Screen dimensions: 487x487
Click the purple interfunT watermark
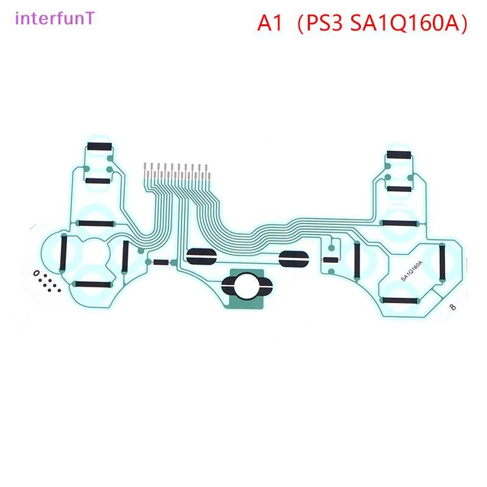point(55,18)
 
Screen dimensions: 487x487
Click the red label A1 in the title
point(270,23)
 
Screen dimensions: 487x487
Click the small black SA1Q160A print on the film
point(412,271)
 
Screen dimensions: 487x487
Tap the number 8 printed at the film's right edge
point(453,307)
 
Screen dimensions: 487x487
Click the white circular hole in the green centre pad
point(247,286)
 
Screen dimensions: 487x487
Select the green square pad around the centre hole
point(247,289)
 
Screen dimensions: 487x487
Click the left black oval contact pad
point(201,256)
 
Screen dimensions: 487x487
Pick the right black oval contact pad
point(294,259)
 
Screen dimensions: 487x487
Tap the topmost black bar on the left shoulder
point(99,146)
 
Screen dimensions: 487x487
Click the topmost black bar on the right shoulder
point(399,155)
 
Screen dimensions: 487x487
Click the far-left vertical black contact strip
point(63,253)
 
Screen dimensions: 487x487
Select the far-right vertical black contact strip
point(442,262)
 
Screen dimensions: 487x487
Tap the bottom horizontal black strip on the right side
point(400,300)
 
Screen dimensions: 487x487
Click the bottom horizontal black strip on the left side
point(93,284)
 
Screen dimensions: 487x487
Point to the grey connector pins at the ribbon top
point(177,171)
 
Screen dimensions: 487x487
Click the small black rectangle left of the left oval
point(161,262)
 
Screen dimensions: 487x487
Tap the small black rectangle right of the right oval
point(331,259)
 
